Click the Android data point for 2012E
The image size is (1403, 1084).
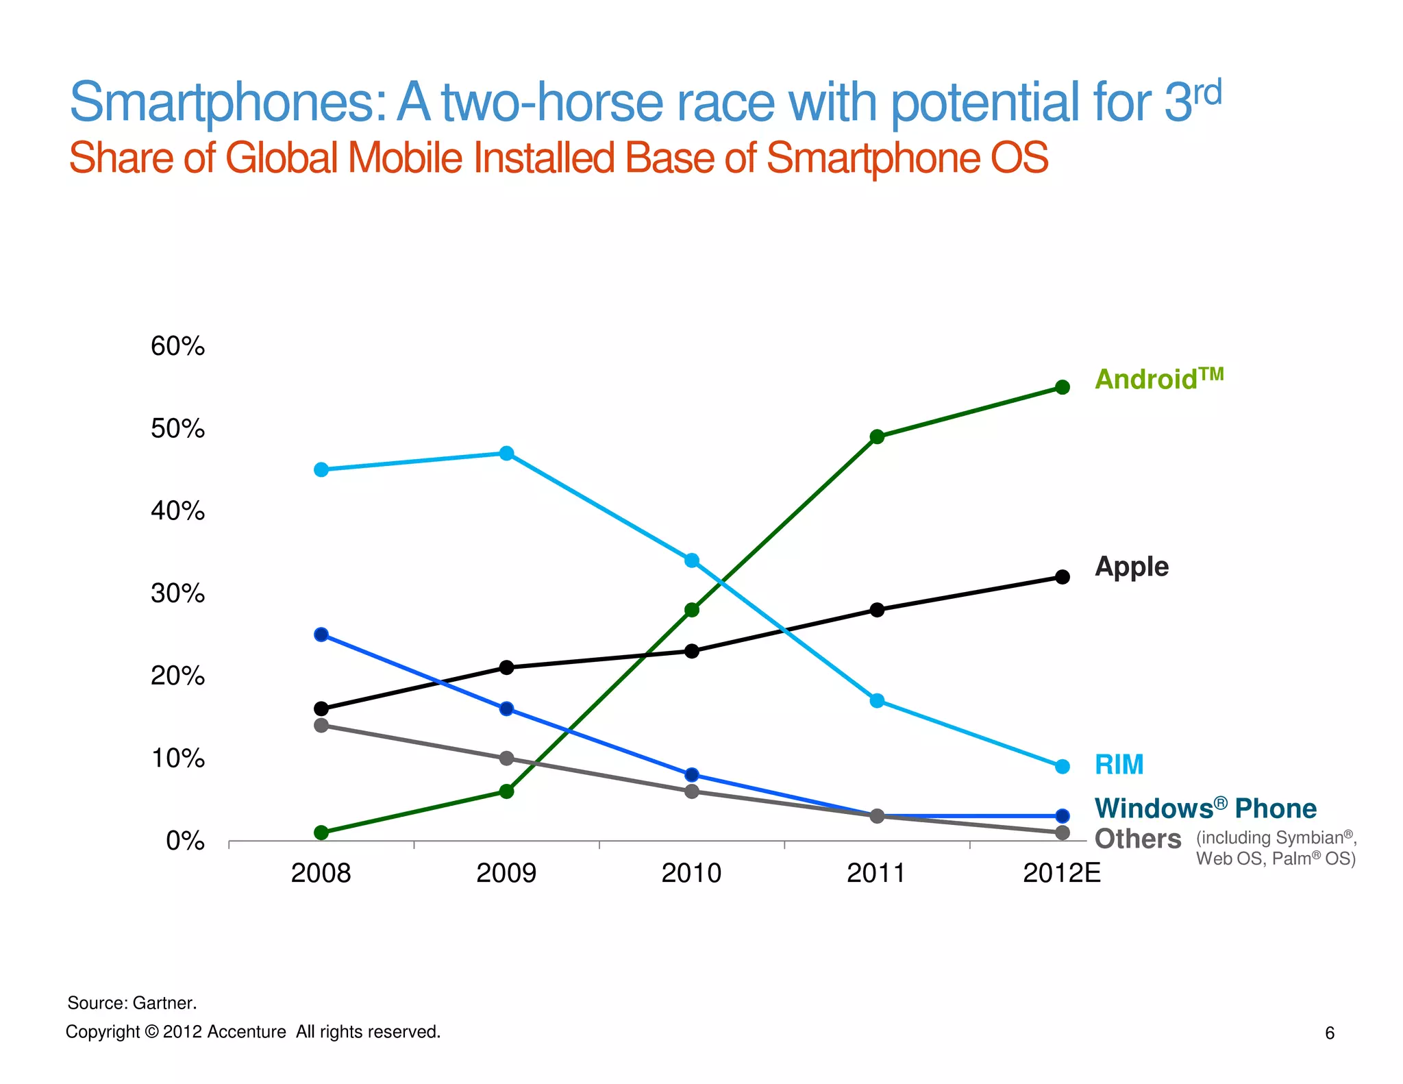point(1062,387)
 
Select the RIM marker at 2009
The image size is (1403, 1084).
point(506,453)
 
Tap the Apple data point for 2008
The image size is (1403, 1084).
point(321,709)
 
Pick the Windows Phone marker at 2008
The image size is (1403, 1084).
point(321,635)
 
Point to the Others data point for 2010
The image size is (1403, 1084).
point(692,791)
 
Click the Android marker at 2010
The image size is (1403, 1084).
point(692,610)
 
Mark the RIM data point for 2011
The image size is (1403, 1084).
point(877,700)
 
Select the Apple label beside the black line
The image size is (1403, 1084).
point(1131,567)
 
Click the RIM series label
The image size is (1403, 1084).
point(1119,765)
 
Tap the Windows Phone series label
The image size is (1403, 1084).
point(1205,809)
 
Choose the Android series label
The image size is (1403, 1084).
point(1158,379)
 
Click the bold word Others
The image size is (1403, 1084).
point(1137,839)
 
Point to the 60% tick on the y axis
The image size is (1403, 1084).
point(177,347)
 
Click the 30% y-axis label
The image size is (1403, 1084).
point(177,593)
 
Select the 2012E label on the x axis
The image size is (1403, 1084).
point(1061,874)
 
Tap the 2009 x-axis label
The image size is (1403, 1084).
point(506,874)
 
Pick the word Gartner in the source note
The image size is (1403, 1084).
point(164,1003)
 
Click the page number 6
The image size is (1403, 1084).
point(1330,1033)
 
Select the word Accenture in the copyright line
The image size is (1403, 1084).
point(247,1032)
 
